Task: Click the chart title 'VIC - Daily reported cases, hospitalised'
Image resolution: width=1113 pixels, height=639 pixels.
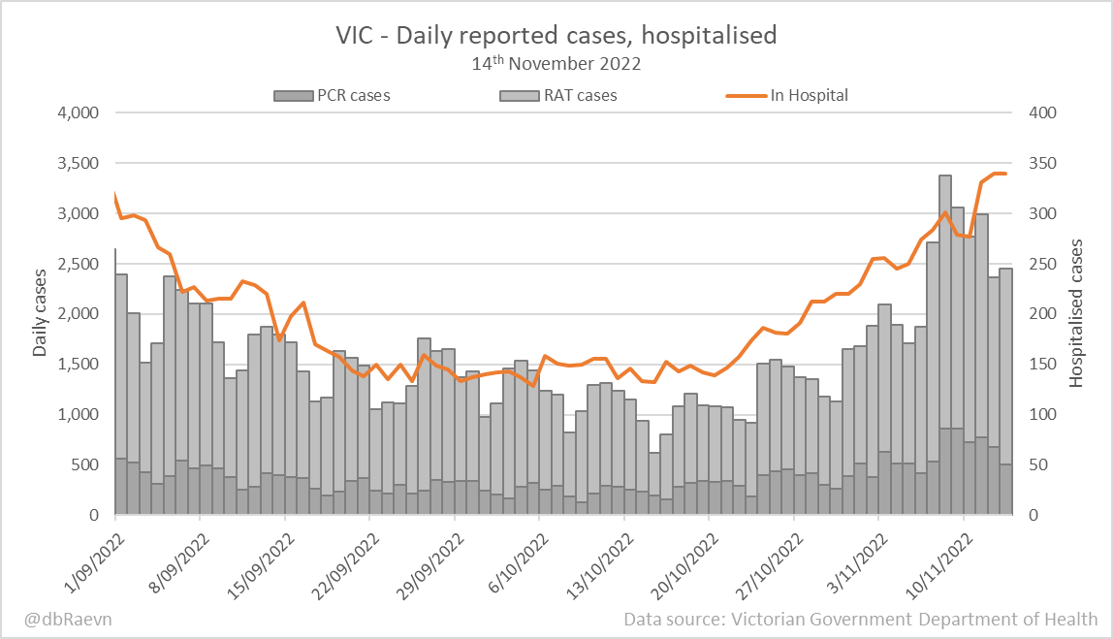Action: click(556, 36)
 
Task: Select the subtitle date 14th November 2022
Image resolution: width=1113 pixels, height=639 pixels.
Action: click(556, 65)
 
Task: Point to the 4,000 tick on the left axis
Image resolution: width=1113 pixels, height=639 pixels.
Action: click(79, 112)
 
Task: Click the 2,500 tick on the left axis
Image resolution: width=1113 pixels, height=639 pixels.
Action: click(79, 264)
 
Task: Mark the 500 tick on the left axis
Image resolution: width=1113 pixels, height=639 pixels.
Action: click(85, 464)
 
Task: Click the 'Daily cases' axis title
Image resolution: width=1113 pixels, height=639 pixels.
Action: click(40, 314)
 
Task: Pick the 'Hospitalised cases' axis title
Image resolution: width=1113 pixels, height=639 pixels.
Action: click(1076, 314)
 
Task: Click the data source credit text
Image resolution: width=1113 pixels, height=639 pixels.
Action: click(861, 619)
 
